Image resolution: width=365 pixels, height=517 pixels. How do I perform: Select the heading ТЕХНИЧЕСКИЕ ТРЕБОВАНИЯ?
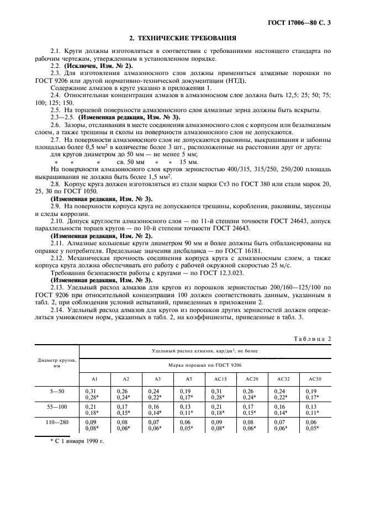point(183,38)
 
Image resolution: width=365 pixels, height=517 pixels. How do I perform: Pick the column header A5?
point(189,379)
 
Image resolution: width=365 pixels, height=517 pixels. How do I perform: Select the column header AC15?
point(220,379)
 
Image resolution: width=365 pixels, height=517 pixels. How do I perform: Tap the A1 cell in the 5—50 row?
point(96,394)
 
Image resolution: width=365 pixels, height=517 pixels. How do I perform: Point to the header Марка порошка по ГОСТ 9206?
point(205,365)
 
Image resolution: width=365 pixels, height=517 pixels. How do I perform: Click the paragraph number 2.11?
point(57,242)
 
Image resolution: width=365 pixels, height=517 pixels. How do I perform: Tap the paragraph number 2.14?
point(57,311)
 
